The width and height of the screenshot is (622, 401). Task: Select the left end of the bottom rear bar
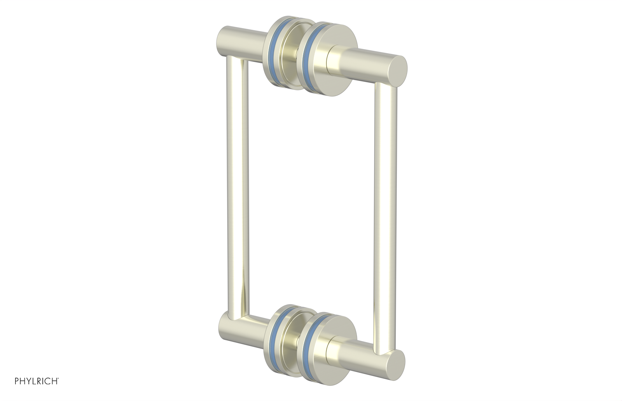pos(225,322)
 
